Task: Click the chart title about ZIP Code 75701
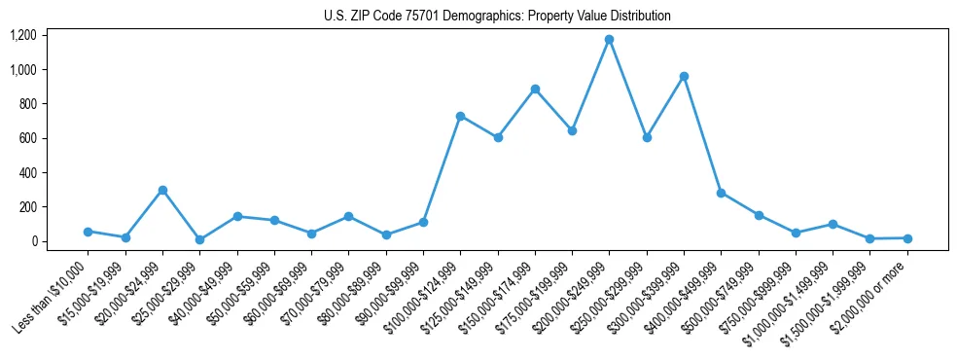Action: (497, 16)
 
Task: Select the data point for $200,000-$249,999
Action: (609, 40)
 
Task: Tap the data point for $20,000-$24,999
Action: (162, 190)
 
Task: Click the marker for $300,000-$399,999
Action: (684, 76)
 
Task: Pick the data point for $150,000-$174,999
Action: (535, 89)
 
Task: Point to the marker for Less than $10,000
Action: (88, 232)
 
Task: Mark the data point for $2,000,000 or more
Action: (906, 238)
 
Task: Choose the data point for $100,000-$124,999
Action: (460, 116)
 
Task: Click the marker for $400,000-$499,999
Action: (721, 193)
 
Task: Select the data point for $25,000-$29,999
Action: (199, 239)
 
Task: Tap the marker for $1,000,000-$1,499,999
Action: (833, 224)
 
